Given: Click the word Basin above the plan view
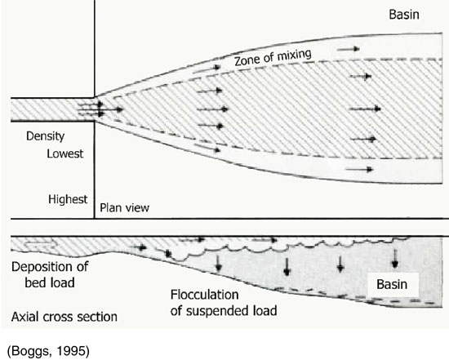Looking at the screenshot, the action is pyautogui.click(x=404, y=15).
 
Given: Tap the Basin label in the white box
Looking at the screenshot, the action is pyautogui.click(x=392, y=284).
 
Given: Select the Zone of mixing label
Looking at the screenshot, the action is pyautogui.click(x=273, y=57).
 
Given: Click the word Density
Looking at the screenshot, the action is pyautogui.click(x=45, y=136).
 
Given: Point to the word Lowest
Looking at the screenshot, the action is pyautogui.click(x=65, y=153).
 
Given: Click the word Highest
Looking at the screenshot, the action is pyautogui.click(x=68, y=199).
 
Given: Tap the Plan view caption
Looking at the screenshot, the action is pyautogui.click(x=124, y=207).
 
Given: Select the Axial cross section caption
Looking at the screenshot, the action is pyautogui.click(x=64, y=317).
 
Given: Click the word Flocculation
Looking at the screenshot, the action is pyautogui.click(x=204, y=295).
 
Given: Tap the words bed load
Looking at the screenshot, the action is pyautogui.click(x=50, y=283).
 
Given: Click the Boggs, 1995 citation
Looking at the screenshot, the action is pyautogui.click(x=48, y=351).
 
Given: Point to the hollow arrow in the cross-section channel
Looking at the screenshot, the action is pyautogui.click(x=40, y=245).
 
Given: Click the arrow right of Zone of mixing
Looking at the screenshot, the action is pyautogui.click(x=349, y=49).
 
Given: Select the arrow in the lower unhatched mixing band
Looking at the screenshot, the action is pyautogui.click(x=359, y=170).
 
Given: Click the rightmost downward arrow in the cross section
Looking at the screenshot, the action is pyautogui.click(x=395, y=258).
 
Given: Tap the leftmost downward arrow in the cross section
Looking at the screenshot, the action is pyautogui.click(x=219, y=264).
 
